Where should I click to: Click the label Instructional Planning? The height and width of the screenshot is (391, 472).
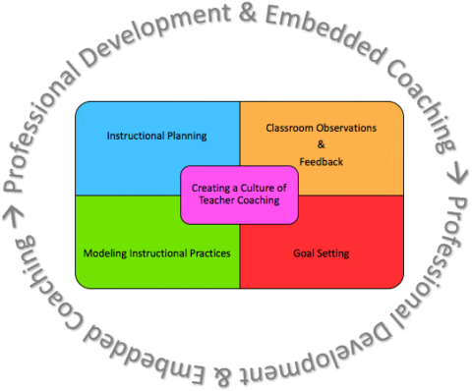point(156,136)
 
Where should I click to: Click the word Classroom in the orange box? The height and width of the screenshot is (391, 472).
point(287,128)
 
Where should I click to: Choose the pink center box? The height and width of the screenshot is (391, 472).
point(239,194)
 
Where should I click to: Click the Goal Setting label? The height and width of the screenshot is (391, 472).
point(321,253)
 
